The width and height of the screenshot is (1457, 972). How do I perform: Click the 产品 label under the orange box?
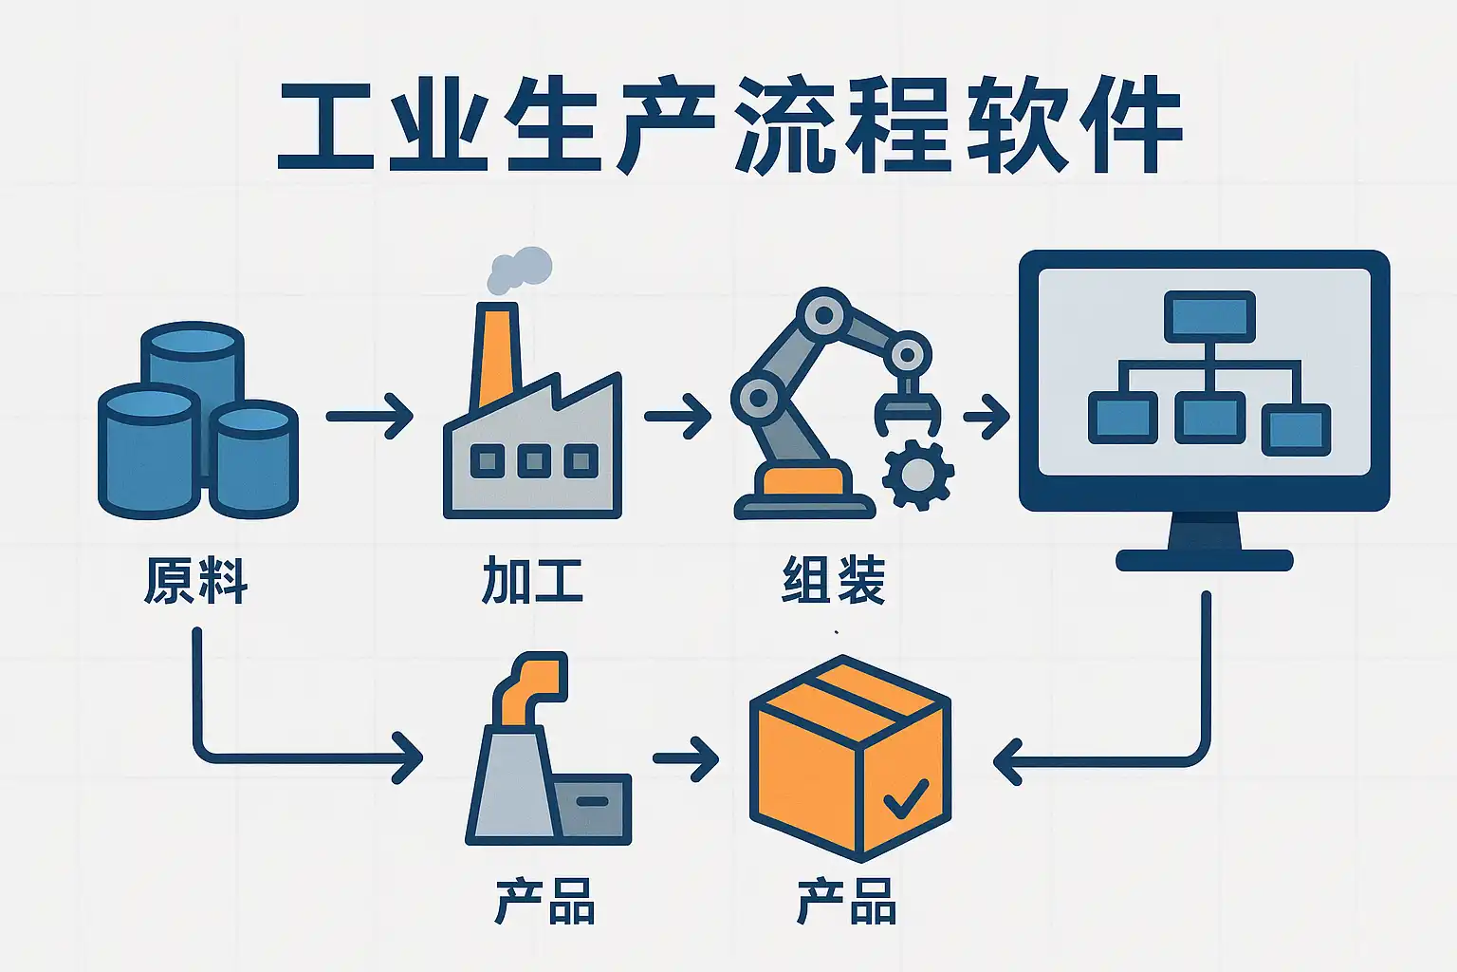click(x=846, y=901)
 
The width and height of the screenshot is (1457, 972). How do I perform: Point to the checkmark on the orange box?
click(x=906, y=799)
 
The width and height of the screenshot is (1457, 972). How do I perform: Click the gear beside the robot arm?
click(x=918, y=475)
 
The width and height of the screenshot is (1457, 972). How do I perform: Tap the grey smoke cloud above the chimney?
click(x=519, y=271)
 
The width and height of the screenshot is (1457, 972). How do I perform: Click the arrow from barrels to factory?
click(x=369, y=416)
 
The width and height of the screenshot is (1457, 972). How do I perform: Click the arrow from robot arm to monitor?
click(x=987, y=416)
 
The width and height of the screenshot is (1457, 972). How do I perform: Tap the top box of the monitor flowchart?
click(x=1209, y=316)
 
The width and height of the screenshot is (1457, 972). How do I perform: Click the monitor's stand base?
click(x=1205, y=561)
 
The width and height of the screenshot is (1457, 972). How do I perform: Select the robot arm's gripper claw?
click(x=908, y=409)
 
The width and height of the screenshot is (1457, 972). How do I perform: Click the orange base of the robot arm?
click(x=804, y=479)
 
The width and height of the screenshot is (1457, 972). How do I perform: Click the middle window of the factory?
click(x=534, y=461)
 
